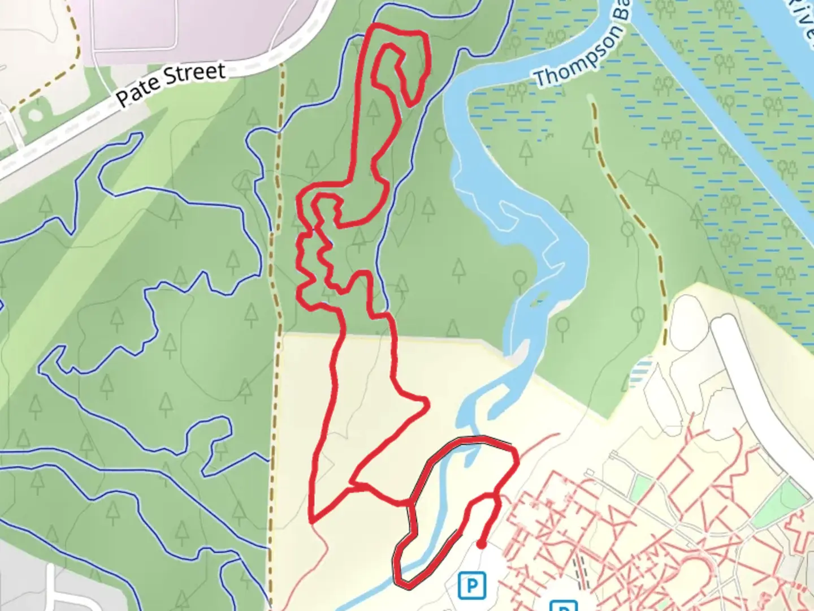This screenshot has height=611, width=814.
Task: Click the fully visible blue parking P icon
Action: (x=472, y=584)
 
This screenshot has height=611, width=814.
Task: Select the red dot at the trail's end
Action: (x=480, y=545)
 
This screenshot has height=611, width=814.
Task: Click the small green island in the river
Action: (x=540, y=296)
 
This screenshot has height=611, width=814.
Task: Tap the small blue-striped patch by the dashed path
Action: (x=640, y=371)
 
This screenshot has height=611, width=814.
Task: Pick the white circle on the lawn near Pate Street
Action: (x=34, y=115)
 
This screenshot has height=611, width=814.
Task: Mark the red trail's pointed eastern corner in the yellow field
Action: (x=426, y=403)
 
